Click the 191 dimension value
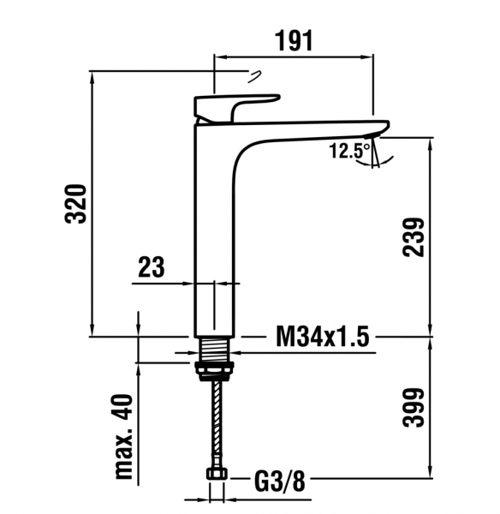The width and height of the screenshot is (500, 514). (x=294, y=41)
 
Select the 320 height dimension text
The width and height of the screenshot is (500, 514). (x=76, y=204)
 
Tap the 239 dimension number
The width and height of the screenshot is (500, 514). (x=414, y=236)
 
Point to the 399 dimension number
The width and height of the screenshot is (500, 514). (x=414, y=408)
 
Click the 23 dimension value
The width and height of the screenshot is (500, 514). (x=151, y=266)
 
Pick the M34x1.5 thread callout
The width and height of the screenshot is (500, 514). (x=323, y=336)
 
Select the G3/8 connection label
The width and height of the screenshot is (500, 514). (x=279, y=481)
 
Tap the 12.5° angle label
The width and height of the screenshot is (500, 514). (x=349, y=151)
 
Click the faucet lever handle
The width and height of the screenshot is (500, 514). (x=236, y=108)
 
